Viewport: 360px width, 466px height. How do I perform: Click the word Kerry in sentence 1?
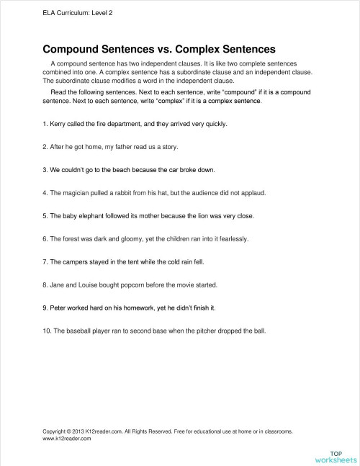60,124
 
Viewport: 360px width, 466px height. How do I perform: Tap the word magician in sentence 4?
78,193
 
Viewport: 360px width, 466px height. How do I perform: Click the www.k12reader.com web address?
67,438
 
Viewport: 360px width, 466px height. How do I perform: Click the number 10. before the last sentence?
48,331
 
